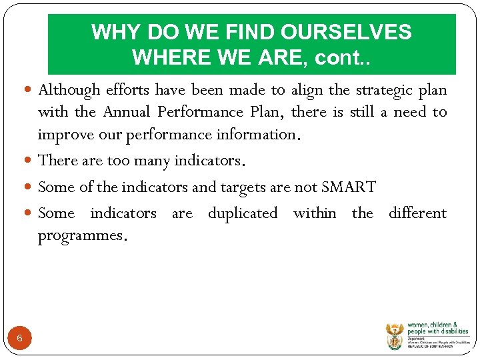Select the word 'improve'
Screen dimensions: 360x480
pos(61,134)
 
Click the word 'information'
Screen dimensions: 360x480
pos(255,134)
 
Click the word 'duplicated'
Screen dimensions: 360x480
pos(243,213)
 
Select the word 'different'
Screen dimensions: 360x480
pos(417,213)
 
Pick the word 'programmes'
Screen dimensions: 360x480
pos(79,236)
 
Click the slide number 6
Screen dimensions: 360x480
pos(19,338)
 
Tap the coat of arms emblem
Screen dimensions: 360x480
pos(395,336)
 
